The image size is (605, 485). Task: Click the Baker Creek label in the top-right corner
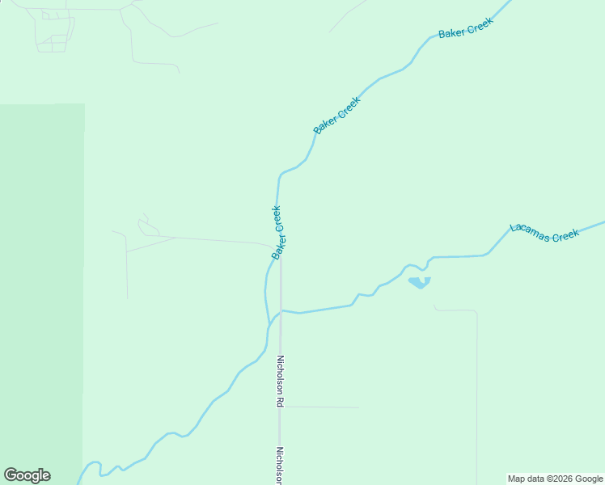click(x=465, y=29)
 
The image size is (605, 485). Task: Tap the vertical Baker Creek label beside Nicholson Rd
click(x=277, y=233)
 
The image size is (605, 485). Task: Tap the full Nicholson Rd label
click(x=281, y=381)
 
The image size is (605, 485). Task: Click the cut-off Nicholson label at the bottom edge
click(x=281, y=466)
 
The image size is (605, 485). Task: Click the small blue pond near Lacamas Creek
click(x=419, y=282)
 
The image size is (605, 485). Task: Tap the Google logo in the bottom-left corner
click(x=27, y=475)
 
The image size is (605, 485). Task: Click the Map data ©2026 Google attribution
click(x=555, y=479)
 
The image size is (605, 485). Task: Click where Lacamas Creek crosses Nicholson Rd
click(x=281, y=310)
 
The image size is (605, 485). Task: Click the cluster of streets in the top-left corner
click(x=53, y=31)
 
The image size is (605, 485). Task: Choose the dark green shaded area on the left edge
click(x=40, y=291)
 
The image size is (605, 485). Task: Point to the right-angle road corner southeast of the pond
click(x=476, y=311)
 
